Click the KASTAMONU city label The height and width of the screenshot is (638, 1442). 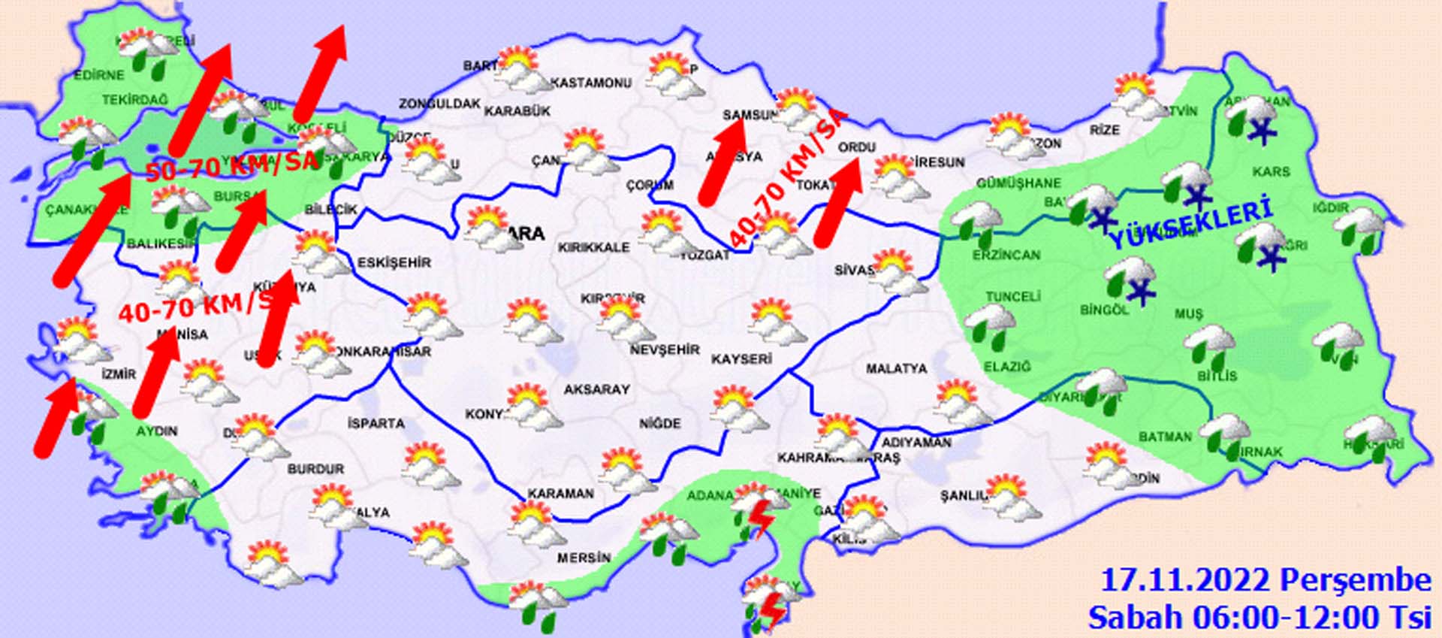coord(591,83)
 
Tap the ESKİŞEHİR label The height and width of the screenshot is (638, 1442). coord(394,262)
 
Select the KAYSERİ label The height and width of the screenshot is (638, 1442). coord(741,359)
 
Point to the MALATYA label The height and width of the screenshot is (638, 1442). coord(896,369)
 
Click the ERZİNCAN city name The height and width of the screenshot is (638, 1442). coord(1006,256)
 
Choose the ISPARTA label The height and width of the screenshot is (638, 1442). coord(376,424)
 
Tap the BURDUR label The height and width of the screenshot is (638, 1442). coord(315,469)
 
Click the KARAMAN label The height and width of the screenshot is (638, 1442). coord(560,494)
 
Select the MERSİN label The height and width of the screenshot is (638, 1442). coord(584,558)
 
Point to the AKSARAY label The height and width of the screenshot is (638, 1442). coord(596,389)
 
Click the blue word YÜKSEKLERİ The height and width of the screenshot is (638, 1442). coord(1190,222)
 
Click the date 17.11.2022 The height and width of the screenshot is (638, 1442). coord(1186,581)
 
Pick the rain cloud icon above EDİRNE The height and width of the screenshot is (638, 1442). coord(150,53)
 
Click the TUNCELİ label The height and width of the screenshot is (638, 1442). coord(1012,297)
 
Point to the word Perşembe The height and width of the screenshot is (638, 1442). coord(1355,581)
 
